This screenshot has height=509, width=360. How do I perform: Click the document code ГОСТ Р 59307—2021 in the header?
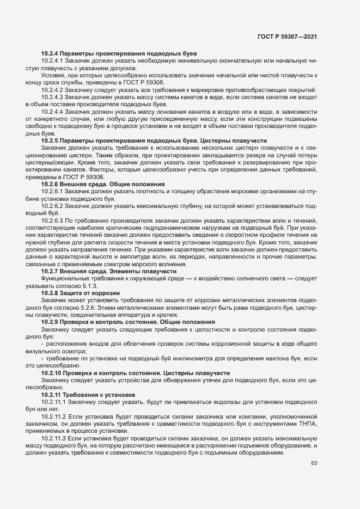click(287, 36)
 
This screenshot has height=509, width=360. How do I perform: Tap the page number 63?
click(314, 464)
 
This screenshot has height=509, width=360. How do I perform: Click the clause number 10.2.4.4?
click(52, 111)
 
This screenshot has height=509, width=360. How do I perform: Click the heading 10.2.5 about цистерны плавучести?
click(142, 140)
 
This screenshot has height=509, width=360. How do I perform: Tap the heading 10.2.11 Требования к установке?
click(88, 394)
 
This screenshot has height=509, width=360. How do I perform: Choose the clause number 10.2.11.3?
click(53, 437)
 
